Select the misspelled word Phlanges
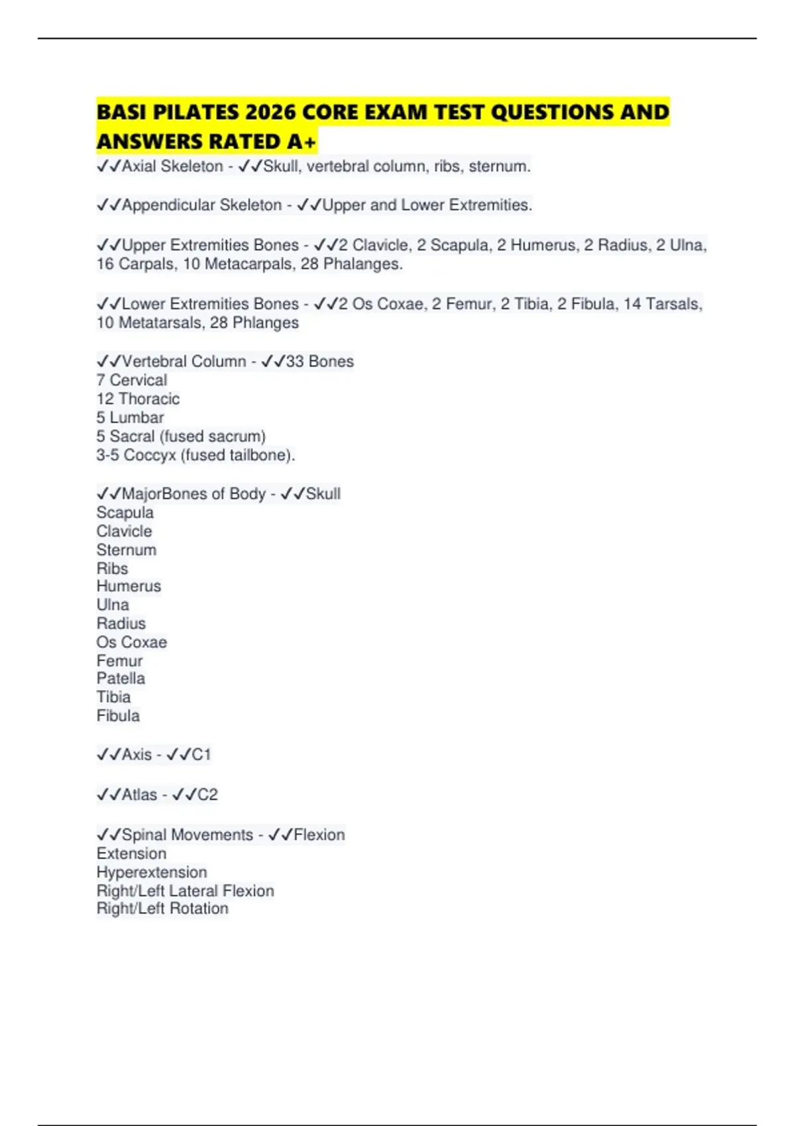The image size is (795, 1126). pos(265,323)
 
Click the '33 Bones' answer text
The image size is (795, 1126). pos(319,362)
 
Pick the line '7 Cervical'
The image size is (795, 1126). pos(132,380)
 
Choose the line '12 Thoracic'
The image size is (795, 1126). pos(138,399)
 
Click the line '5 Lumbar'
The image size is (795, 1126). pos(130,417)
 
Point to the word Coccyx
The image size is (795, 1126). pos(150,455)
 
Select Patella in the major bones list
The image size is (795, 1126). pos(121,678)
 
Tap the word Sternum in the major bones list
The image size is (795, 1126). pos(127,550)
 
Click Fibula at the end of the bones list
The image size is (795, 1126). pos(118,715)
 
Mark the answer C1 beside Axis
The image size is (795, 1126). pos(201,754)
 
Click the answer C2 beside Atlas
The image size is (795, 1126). pos(207,795)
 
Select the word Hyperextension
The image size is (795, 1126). pos(152,872)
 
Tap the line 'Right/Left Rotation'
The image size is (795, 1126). pos(162,909)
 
